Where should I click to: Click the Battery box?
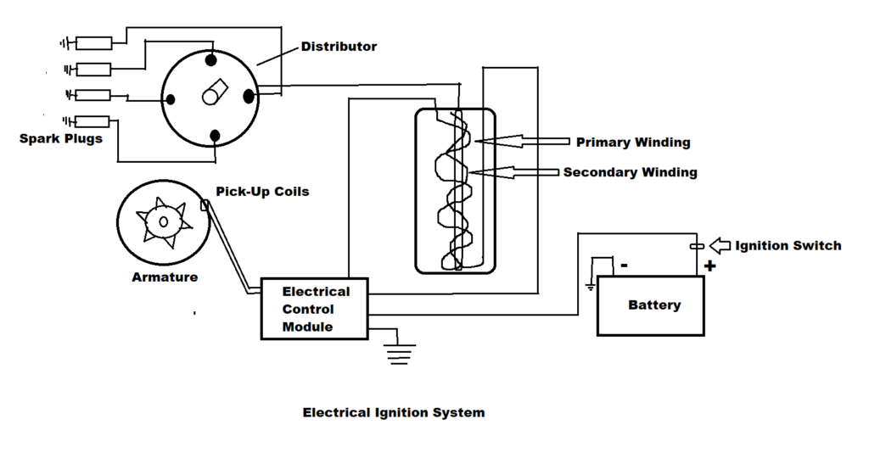pos(651,305)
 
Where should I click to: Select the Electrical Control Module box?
pos(315,309)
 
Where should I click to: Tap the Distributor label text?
pos(339,47)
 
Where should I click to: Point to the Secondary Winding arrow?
pos(514,172)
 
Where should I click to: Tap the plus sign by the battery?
pos(709,266)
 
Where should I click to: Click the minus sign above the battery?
pos(624,265)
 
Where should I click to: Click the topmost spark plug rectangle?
pos(93,43)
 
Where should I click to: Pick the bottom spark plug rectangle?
pos(93,121)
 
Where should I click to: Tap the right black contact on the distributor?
pos(249,96)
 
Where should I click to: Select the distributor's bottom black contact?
pos(216,136)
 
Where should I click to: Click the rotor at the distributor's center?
pos(213,92)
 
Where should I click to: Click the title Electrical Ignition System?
pos(394,413)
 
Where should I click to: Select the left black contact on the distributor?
pos(171,99)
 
